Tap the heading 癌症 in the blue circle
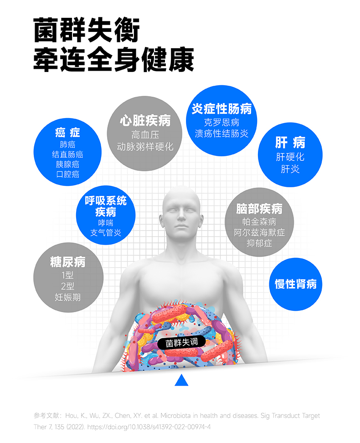(x=67, y=132)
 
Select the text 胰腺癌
(x=67, y=164)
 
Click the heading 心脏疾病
(x=145, y=120)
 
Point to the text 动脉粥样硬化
(x=145, y=147)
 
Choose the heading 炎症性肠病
(x=221, y=108)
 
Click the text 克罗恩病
(x=221, y=122)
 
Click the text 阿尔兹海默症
(x=259, y=232)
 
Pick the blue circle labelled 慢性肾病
(x=295, y=284)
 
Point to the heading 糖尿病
(x=67, y=262)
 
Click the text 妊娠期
(x=67, y=298)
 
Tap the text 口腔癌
(x=67, y=174)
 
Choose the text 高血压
(x=145, y=135)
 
